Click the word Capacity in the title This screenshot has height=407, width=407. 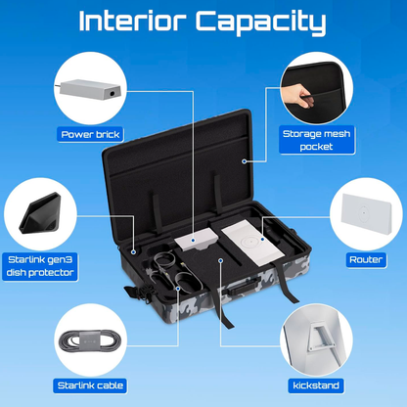tap(260, 23)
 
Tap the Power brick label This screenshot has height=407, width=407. tap(90, 135)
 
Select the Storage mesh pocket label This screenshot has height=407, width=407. tap(316, 140)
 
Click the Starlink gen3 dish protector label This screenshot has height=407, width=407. tap(40, 266)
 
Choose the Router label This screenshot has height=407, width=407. tap(366, 260)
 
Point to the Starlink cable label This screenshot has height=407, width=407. tap(90, 385)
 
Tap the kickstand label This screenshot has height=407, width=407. tap(316, 385)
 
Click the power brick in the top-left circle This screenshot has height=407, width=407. tap(91, 89)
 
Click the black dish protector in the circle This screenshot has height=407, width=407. tap(40, 213)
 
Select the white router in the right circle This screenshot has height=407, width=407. tap(367, 213)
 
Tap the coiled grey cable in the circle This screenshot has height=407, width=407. tap(88, 340)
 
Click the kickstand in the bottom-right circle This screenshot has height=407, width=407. tap(322, 337)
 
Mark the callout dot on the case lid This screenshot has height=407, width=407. tap(244, 161)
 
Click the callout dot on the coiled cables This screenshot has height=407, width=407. tap(178, 289)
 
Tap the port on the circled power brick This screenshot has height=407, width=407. tap(113, 93)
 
